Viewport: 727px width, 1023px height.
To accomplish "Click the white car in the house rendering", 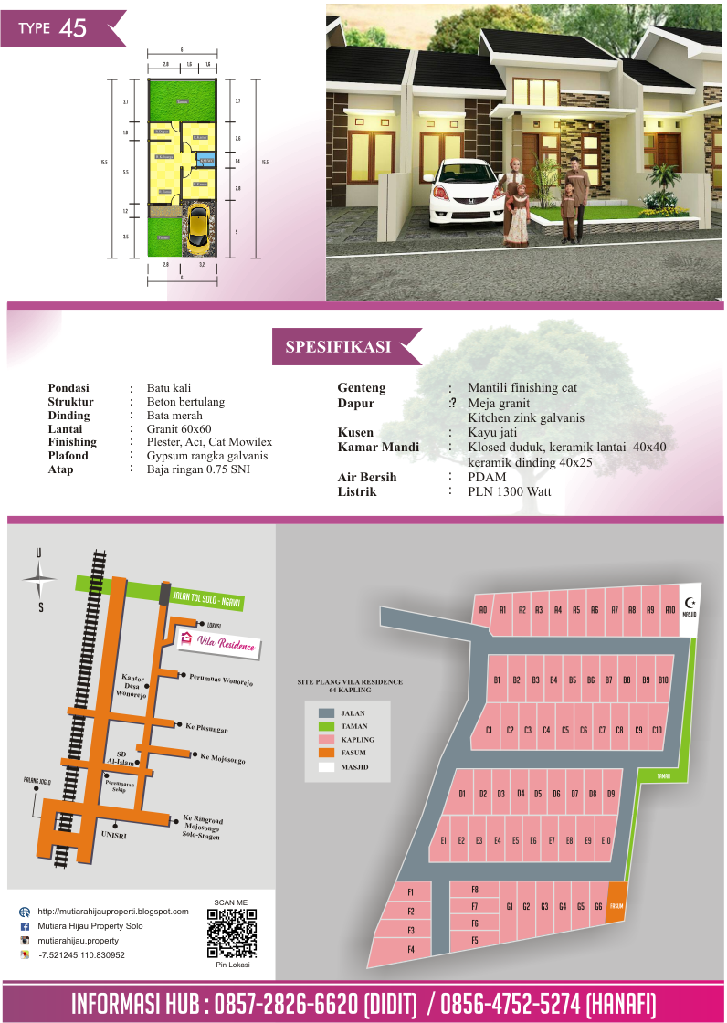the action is click(466, 192).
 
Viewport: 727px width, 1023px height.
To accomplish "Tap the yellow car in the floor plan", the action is click(198, 229).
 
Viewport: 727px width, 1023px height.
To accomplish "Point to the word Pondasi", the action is click(68, 388).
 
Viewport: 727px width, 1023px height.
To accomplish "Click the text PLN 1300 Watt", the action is click(509, 491).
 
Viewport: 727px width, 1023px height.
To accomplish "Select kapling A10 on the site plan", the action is click(669, 609).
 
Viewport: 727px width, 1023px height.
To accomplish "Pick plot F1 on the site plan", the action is click(411, 891).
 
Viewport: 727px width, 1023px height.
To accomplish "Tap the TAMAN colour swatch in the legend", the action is click(326, 726).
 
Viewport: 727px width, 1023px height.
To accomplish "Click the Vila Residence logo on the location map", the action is click(217, 644).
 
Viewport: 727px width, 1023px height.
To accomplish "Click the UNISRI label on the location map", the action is click(114, 835).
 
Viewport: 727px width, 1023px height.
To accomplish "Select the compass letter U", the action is click(38, 553).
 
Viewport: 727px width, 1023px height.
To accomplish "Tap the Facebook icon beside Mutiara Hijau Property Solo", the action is click(25, 926).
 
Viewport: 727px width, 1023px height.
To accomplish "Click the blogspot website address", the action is click(112, 912).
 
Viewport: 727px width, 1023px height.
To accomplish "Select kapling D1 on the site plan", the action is click(462, 794).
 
